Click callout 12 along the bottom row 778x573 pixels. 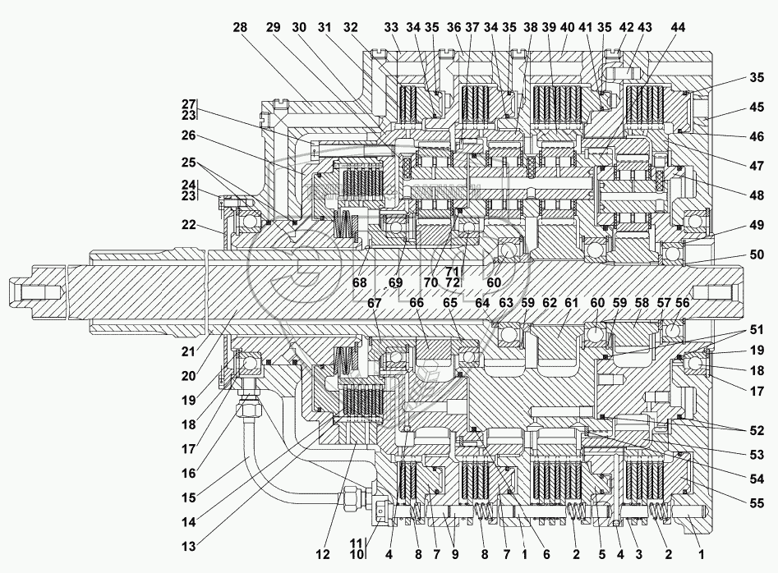tap(322, 554)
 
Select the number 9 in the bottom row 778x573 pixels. tap(453, 554)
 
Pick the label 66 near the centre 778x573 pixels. tap(417, 303)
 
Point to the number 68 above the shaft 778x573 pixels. tap(360, 282)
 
